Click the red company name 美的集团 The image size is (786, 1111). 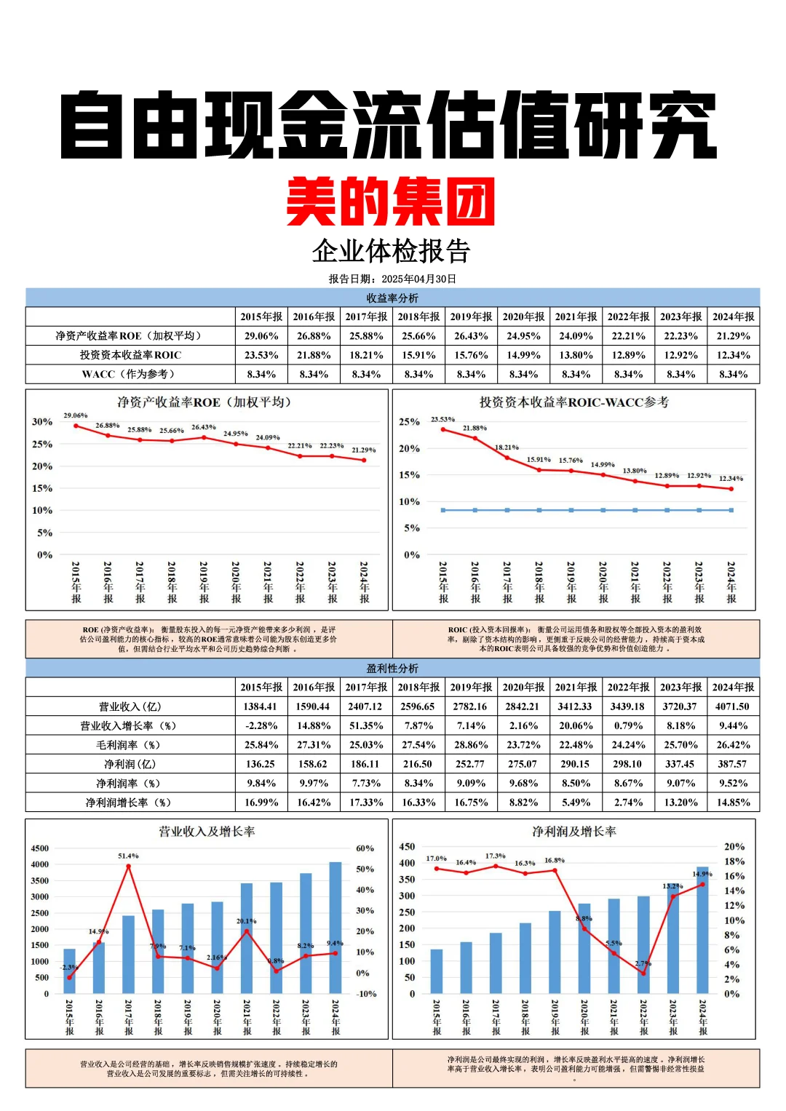click(391, 202)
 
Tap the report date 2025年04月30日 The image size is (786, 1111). click(418, 279)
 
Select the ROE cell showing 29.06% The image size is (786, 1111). click(261, 336)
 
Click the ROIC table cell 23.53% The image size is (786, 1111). click(261, 355)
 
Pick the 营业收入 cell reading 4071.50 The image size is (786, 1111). click(733, 706)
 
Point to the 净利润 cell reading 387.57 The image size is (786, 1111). click(733, 764)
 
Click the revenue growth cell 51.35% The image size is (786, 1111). click(366, 725)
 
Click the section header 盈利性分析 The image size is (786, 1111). click(392, 668)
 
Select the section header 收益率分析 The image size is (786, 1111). click(392, 298)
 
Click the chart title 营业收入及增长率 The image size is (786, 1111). click(207, 831)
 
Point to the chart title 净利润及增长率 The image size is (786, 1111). click(573, 831)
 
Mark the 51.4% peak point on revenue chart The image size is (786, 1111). click(129, 866)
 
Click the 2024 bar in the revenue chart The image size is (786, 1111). click(336, 928)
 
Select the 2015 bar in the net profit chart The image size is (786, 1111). click(437, 971)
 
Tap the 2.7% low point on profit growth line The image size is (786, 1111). click(643, 973)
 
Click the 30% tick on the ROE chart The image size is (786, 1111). click(42, 422)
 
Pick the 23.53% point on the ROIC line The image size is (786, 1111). click(443, 429)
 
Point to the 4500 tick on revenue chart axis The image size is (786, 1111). click(40, 848)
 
